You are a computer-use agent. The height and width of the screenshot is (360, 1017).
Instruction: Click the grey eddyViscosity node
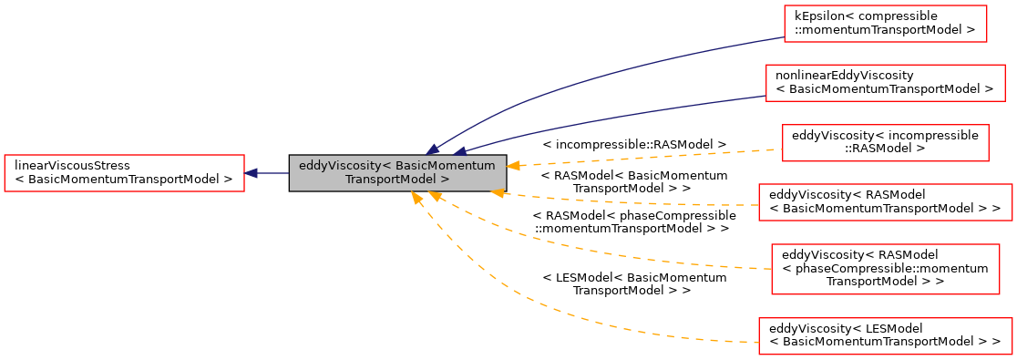[x=397, y=172]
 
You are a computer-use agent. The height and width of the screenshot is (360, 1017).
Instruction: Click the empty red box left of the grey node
[x=124, y=173]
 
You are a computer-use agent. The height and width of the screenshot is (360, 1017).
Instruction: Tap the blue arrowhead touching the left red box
[x=251, y=173]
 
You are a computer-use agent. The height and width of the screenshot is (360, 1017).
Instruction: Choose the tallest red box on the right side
[x=885, y=269]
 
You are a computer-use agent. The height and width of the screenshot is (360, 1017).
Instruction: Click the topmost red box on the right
[x=885, y=24]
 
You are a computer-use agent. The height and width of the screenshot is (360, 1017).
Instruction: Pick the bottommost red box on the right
[x=885, y=336]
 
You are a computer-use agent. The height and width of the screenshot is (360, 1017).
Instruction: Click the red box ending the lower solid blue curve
[x=884, y=83]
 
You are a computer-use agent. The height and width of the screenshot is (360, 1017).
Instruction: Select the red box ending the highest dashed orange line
[x=885, y=143]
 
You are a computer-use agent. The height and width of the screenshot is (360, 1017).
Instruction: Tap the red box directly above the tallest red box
[x=885, y=202]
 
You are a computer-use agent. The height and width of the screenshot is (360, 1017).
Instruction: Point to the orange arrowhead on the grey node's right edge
[x=513, y=166]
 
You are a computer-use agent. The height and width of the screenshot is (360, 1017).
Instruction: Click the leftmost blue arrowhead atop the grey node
[x=432, y=149]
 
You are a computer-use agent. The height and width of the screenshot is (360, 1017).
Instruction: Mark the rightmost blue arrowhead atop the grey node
[x=460, y=150]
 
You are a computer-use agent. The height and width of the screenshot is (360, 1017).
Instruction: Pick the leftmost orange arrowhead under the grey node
[x=416, y=197]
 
